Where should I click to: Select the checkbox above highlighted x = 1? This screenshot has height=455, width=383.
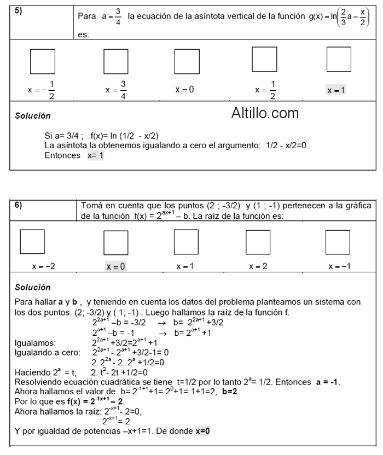(338, 60)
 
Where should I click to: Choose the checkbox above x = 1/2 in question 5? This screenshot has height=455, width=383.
(264, 60)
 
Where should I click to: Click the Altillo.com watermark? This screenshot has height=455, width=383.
(265, 113)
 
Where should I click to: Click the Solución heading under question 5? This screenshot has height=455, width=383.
(33, 116)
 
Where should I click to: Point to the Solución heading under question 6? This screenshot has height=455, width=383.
(33, 287)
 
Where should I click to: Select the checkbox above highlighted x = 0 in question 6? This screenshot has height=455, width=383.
(115, 242)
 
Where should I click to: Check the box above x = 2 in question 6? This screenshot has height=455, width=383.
(258, 242)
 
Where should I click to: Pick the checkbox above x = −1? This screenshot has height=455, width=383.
(338, 242)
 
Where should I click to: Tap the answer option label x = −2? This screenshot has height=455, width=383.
(43, 266)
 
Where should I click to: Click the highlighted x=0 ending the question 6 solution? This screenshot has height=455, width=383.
(202, 431)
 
